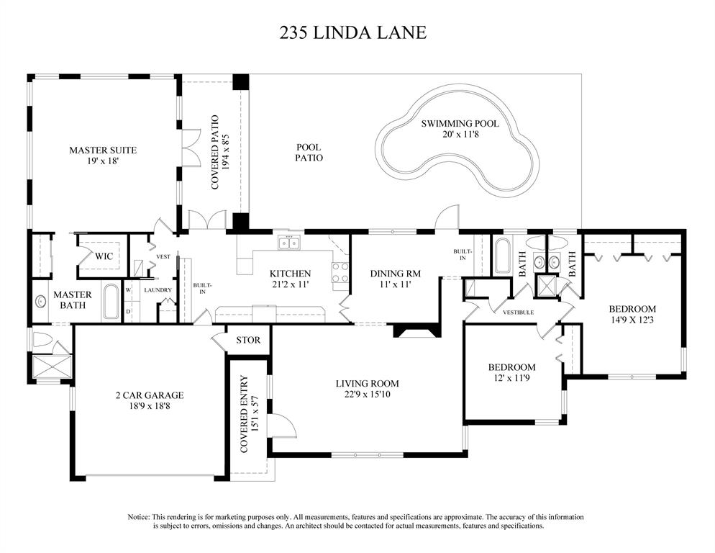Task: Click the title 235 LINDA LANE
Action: (353, 33)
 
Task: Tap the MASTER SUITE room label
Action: (103, 150)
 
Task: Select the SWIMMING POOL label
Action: (460, 123)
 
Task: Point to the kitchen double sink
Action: (290, 243)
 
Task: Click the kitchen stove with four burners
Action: (340, 273)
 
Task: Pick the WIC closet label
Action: (104, 256)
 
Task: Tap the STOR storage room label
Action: (248, 340)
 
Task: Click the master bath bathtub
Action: (111, 302)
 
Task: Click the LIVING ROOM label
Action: (367, 384)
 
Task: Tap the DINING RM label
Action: (395, 274)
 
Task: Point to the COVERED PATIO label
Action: (215, 152)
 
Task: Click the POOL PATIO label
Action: (309, 153)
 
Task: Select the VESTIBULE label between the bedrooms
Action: (518, 313)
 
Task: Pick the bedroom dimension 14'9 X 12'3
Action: (632, 320)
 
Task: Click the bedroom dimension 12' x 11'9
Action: (511, 378)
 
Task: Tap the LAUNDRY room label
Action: (158, 290)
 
